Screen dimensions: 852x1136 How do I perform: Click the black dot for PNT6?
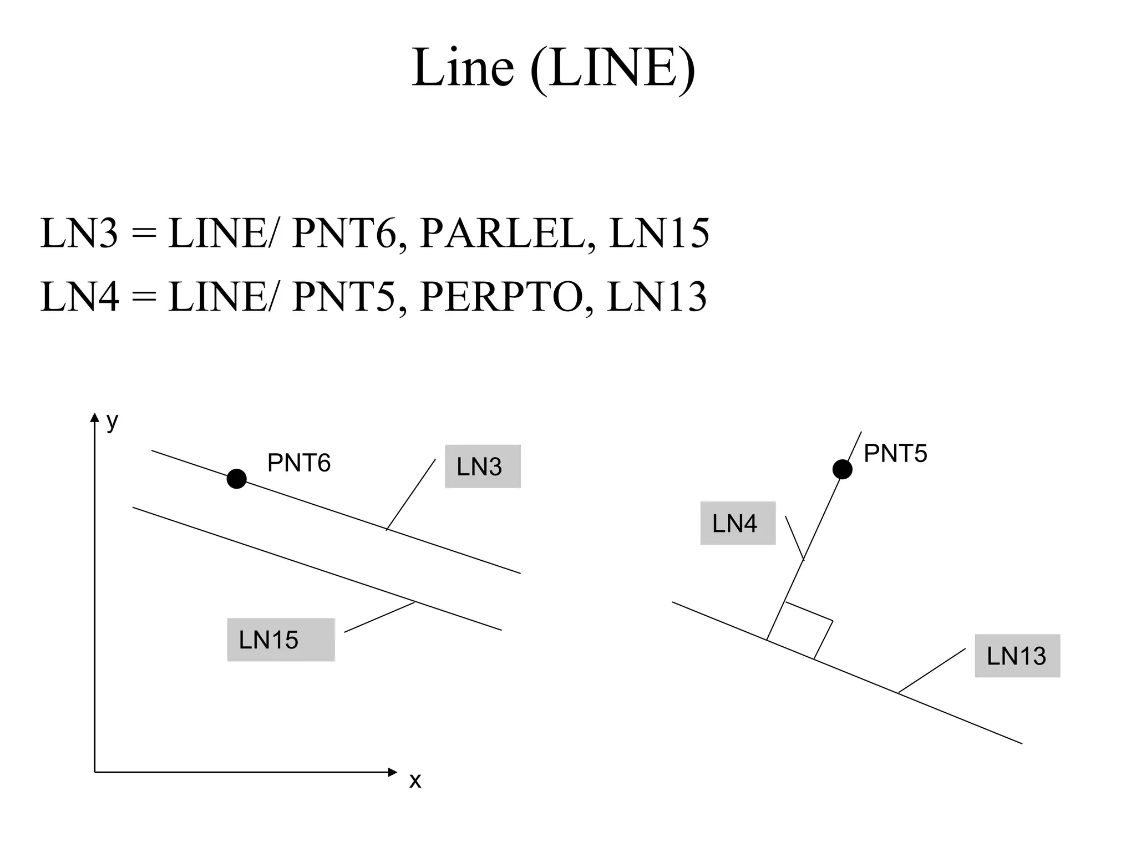tap(236, 479)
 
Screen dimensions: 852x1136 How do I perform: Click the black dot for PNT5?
tap(842, 469)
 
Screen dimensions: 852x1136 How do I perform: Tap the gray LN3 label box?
tap(483, 466)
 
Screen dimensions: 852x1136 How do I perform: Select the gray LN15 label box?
tap(281, 640)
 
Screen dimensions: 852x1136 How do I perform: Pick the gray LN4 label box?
tap(738, 523)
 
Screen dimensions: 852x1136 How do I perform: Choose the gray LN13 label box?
tap(1017, 656)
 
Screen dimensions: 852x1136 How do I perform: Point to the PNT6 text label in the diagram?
tap(298, 463)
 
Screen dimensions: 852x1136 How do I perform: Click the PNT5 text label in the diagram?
tap(895, 454)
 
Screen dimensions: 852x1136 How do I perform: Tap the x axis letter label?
tap(415, 781)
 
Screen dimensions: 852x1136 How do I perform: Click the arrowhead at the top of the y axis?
tap(94, 417)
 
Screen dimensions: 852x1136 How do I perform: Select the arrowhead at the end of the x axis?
tap(393, 772)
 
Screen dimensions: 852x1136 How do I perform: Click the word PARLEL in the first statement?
tap(503, 234)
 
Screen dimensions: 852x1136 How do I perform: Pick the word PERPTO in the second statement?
tap(501, 297)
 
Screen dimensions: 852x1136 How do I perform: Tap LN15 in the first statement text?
tap(659, 234)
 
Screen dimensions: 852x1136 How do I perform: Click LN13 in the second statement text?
tap(657, 297)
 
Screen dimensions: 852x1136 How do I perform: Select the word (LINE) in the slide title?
tap(612, 68)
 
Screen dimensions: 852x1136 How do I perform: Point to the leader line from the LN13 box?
tap(932, 671)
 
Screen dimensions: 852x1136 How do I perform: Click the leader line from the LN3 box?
tap(411, 494)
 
